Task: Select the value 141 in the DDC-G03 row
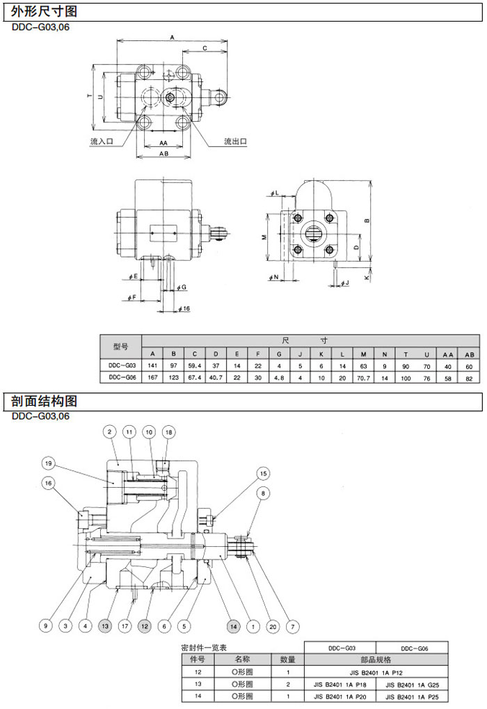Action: (152, 364)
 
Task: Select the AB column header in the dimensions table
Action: (468, 353)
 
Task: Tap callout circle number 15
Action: (263, 473)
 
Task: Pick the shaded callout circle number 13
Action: (105, 626)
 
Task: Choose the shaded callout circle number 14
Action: (233, 626)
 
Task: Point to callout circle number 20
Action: (273, 626)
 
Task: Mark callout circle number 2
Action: (109, 432)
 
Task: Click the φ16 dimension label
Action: (184, 308)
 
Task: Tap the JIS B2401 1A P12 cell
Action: (376, 673)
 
